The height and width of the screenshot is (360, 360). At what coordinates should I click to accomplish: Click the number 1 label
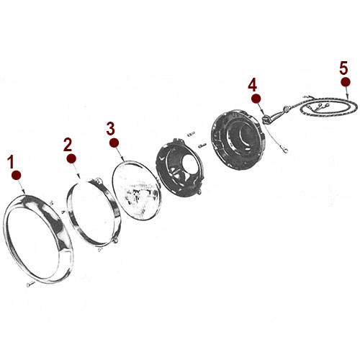click(12, 161)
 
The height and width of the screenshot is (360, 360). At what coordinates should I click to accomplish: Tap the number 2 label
click(68, 143)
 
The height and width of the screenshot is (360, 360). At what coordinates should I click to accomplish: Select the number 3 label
click(110, 129)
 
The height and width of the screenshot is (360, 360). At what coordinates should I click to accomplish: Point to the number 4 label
click(253, 85)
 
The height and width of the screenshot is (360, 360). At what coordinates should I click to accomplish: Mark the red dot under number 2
click(71, 158)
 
